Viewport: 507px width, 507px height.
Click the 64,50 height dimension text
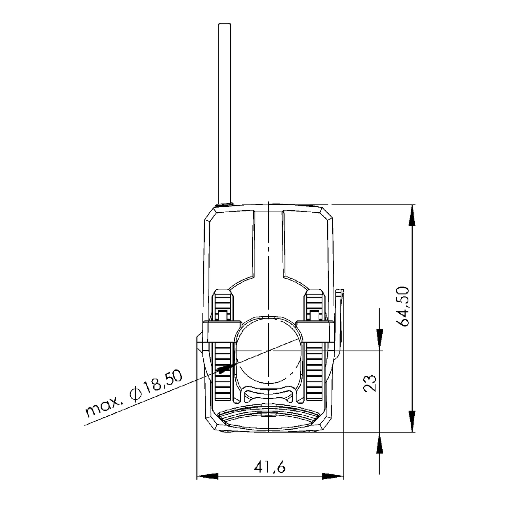pyautogui.click(x=404, y=306)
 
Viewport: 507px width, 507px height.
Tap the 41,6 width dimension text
pyautogui.click(x=270, y=468)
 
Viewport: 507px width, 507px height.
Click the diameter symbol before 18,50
pyautogui.click(x=135, y=394)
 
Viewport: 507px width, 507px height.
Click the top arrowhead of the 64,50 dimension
pyautogui.click(x=412, y=214)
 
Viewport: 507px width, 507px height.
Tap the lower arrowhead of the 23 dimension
pyautogui.click(x=380, y=442)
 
